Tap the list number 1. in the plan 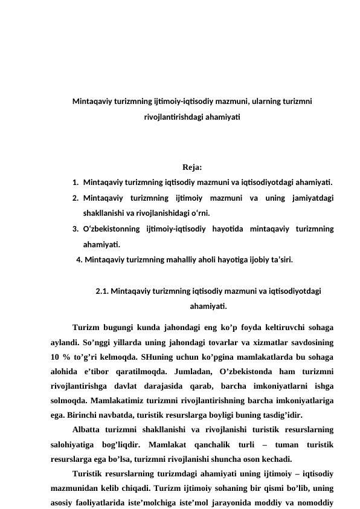[x=74, y=182]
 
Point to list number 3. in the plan [x=74, y=229]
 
